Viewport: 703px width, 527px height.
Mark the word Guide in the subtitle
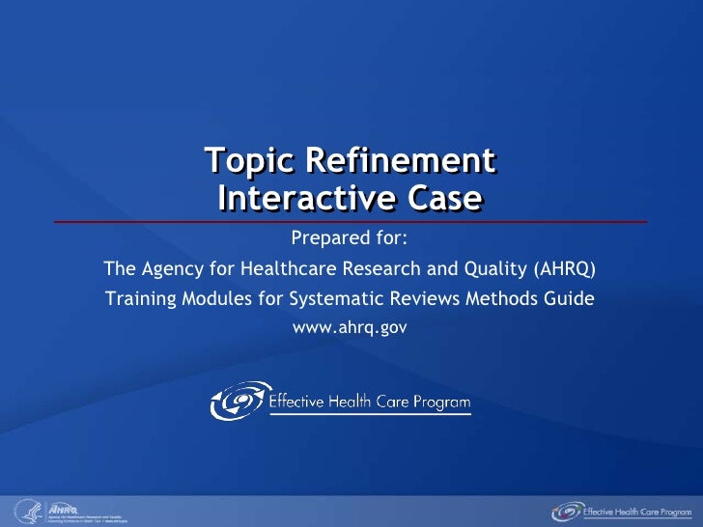572,298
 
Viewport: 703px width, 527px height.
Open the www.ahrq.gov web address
350,328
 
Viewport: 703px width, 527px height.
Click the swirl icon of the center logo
238,401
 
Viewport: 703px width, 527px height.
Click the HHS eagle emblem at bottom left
25,512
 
